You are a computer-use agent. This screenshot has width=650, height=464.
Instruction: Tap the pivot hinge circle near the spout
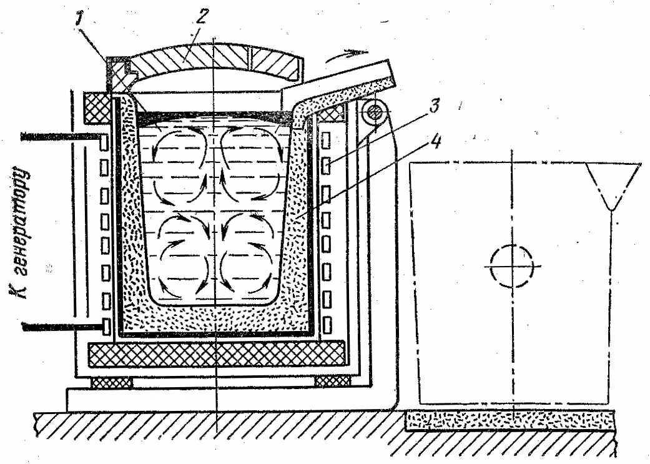click(375, 113)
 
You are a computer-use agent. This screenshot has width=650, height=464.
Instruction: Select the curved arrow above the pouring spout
click(346, 56)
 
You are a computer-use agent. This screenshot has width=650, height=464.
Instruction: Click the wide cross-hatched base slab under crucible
click(217, 354)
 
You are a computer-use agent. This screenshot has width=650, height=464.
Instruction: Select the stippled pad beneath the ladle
click(510, 420)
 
